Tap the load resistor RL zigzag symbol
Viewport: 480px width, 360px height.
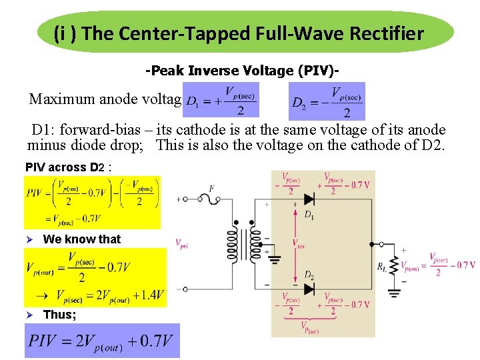point(393,266)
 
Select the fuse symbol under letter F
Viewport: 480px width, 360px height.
point(211,199)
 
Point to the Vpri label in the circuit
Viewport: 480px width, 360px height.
point(183,244)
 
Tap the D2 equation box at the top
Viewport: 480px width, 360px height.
point(327,101)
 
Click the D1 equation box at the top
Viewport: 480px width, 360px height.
point(221,101)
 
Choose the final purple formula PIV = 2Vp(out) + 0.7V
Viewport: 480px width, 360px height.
point(102,341)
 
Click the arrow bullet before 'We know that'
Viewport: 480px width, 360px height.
point(29,239)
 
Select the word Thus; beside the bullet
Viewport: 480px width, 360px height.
point(59,315)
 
